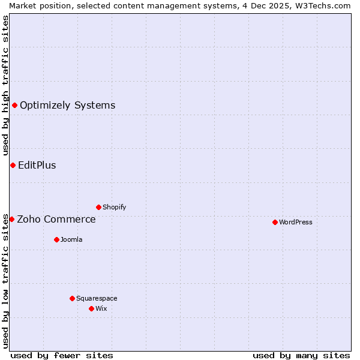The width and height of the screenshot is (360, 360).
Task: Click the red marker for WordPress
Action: (275, 222)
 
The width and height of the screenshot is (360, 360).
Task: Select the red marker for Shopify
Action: (98, 207)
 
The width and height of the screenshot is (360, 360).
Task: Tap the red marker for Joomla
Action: (56, 239)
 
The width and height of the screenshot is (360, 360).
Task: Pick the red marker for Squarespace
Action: (72, 298)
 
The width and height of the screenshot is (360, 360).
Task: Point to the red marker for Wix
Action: (91, 308)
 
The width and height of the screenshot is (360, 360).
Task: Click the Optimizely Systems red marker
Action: (14, 106)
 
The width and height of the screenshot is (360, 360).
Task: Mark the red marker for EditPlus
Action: (13, 165)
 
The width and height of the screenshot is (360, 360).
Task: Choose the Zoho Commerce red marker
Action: (11, 219)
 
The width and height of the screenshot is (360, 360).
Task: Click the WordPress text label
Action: (296, 222)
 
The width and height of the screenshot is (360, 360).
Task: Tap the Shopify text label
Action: (115, 207)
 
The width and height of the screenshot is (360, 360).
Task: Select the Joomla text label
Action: (71, 239)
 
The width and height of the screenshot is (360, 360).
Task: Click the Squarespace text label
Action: (97, 298)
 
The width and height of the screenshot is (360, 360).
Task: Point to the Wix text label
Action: (101, 308)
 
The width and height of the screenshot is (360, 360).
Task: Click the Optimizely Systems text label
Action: (68, 106)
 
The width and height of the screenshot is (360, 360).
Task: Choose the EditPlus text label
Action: (37, 165)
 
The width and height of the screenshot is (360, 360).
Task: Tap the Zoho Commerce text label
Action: (56, 219)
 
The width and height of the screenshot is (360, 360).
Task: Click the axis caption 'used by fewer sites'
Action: (62, 355)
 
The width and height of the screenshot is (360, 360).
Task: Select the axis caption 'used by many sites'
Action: (301, 355)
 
